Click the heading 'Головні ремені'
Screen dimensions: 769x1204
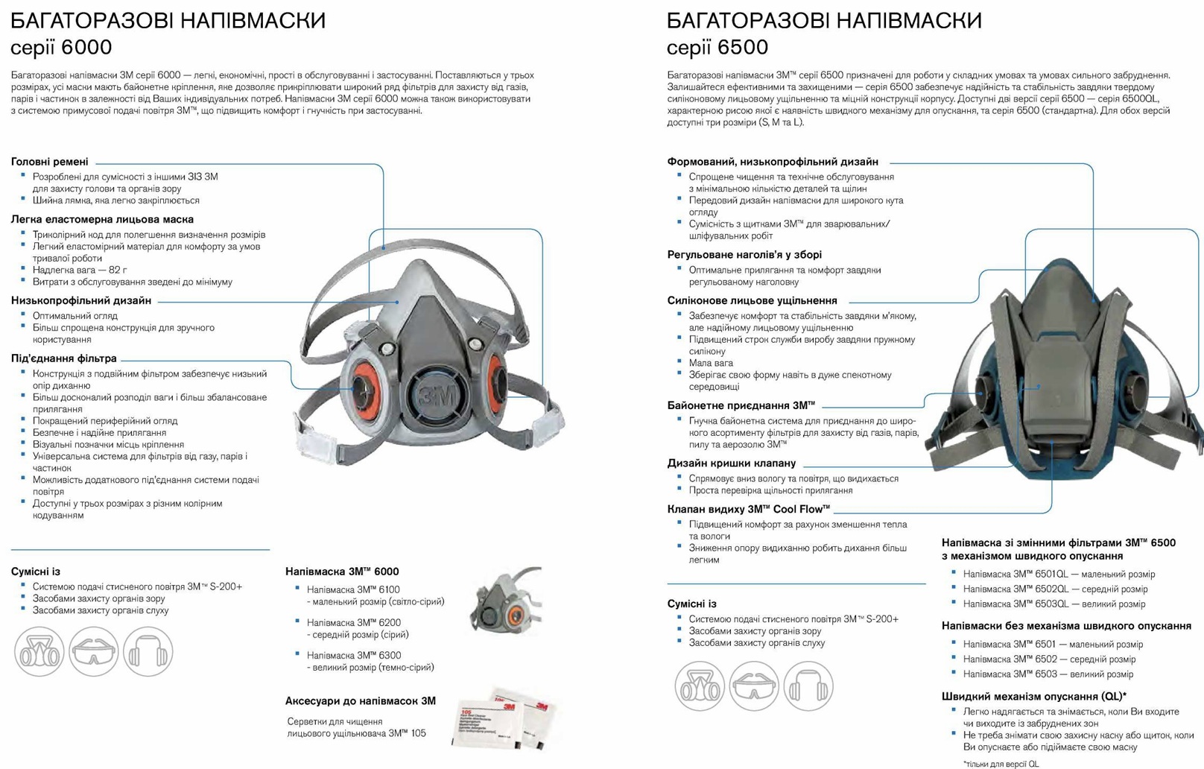click(49, 162)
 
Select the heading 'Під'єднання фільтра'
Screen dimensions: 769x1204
click(63, 358)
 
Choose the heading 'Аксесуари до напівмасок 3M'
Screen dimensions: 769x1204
click(360, 701)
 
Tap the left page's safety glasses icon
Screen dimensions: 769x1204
click(94, 652)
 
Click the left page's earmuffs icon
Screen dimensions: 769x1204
click(148, 652)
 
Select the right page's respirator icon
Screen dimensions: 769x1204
click(699, 686)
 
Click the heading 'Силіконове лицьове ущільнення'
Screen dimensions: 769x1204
click(752, 300)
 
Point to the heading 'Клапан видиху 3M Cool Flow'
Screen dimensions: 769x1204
click(748, 509)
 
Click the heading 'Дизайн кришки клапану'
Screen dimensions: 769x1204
click(731, 463)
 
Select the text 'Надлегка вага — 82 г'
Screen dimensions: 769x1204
click(80, 270)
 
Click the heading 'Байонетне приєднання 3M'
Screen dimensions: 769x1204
click(741, 405)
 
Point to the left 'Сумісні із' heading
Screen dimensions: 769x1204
click(35, 572)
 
